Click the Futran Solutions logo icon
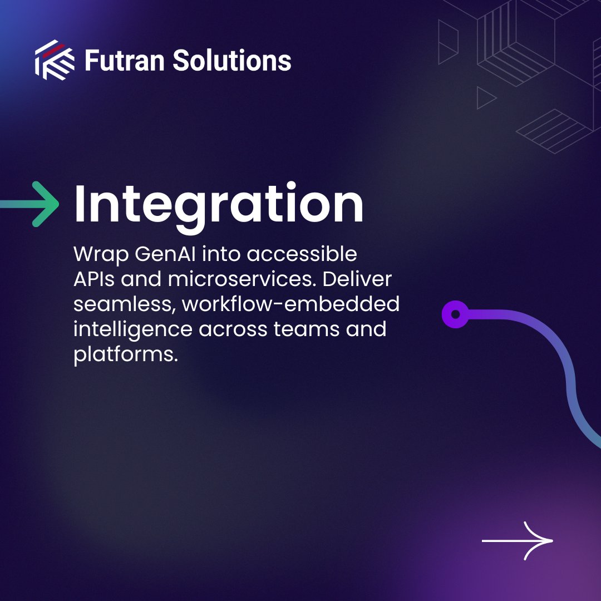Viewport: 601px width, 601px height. tap(55, 60)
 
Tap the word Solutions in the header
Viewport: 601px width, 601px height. tap(231, 60)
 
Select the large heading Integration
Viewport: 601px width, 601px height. tap(219, 204)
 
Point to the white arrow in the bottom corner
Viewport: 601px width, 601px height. tap(518, 540)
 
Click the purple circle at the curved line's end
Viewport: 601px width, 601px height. tap(455, 315)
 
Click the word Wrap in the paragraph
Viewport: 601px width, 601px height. tap(101, 255)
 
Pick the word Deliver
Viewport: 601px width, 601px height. tap(358, 280)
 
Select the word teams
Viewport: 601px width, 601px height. tap(306, 329)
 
